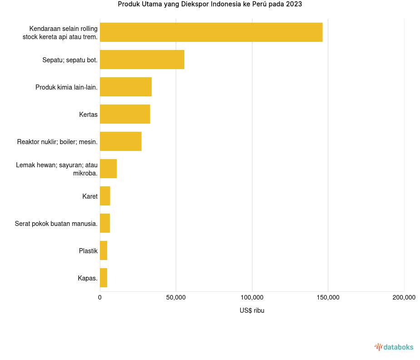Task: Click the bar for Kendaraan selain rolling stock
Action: click(211, 32)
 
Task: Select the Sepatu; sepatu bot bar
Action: click(142, 60)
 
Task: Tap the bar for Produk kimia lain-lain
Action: click(126, 87)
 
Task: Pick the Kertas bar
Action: click(125, 114)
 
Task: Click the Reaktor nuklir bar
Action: click(121, 141)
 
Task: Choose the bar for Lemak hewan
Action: click(109, 169)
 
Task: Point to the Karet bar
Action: click(105, 196)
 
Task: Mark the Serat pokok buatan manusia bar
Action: click(105, 223)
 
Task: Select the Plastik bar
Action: click(104, 250)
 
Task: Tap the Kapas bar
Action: click(104, 278)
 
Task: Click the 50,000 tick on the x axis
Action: click(176, 297)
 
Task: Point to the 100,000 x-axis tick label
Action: click(252, 297)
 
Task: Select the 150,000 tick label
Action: click(328, 297)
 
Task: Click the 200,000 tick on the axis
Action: click(404, 297)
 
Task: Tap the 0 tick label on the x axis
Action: click(100, 297)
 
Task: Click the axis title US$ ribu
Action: click(252, 310)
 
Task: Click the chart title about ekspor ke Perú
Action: click(210, 5)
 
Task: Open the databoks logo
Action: click(394, 347)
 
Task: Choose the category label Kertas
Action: click(88, 115)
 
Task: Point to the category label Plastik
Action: click(88, 251)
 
